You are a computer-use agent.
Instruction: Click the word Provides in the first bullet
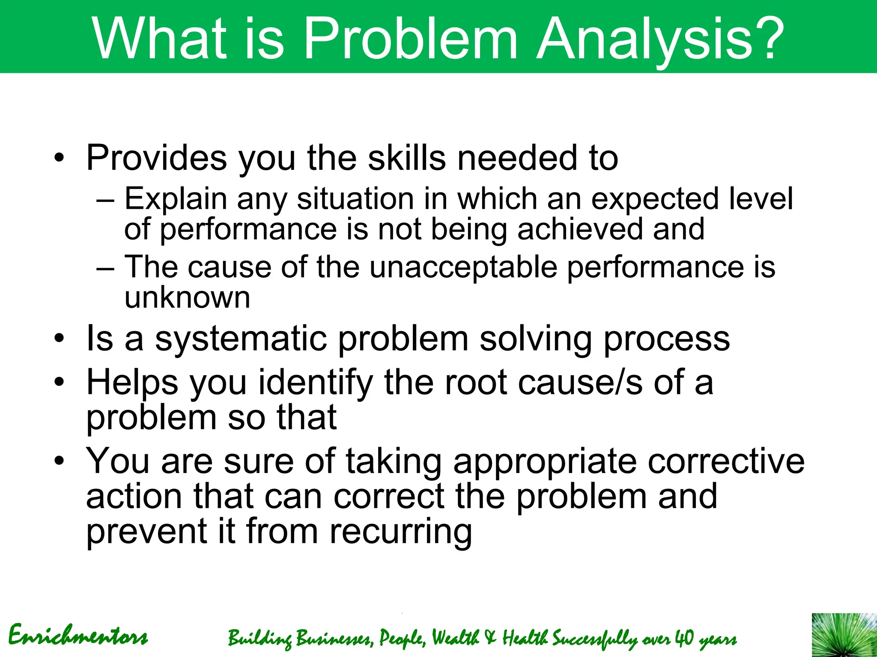[x=156, y=158]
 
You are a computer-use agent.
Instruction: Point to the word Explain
[x=176, y=199]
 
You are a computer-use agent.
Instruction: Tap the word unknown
[x=187, y=298]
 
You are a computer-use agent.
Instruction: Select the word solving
[x=536, y=339]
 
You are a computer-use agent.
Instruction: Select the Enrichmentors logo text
[x=78, y=636]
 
